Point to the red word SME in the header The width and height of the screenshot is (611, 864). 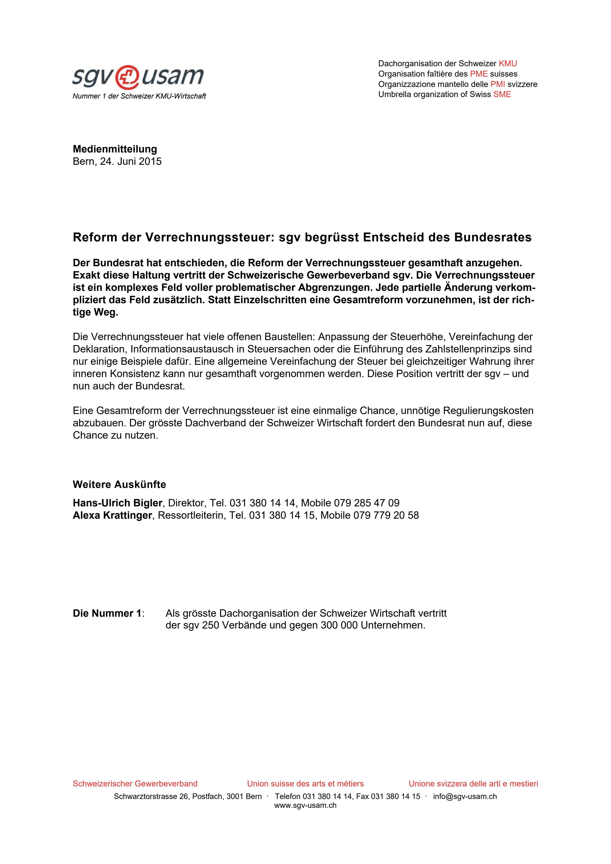pos(502,94)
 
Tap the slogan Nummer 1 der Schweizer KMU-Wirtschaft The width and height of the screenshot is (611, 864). pos(139,96)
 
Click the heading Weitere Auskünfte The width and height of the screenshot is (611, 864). pos(119,485)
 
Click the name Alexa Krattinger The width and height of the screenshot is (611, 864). pos(112,515)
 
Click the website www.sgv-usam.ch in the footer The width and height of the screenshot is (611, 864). pos(305,806)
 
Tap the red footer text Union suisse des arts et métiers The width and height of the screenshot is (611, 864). pos(305,784)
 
